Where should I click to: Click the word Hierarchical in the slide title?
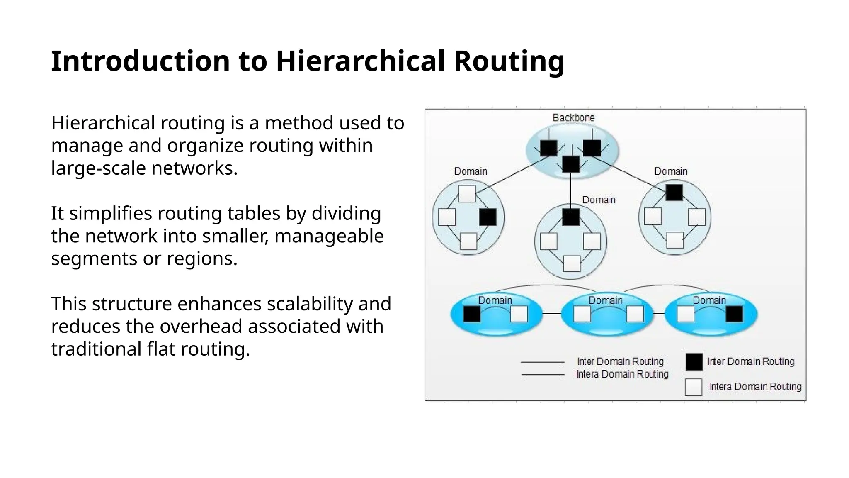pyautogui.click(x=360, y=61)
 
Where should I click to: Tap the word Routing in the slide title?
pyautogui.click(x=509, y=61)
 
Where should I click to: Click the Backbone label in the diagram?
pyautogui.click(x=573, y=118)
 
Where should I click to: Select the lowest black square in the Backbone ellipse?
pyautogui.click(x=571, y=164)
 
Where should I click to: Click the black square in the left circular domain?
pyautogui.click(x=488, y=217)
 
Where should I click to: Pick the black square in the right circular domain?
pyautogui.click(x=674, y=193)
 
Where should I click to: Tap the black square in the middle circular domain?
pyautogui.click(x=571, y=217)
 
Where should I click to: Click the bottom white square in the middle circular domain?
pyautogui.click(x=572, y=263)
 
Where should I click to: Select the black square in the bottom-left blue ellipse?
pyautogui.click(x=471, y=314)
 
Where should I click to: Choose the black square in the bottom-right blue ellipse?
pyautogui.click(x=735, y=314)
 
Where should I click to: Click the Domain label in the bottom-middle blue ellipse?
pyautogui.click(x=606, y=300)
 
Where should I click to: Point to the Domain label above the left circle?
pyautogui.click(x=471, y=171)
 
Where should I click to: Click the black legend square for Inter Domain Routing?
pyautogui.click(x=694, y=362)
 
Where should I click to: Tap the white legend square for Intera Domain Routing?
pyautogui.click(x=694, y=387)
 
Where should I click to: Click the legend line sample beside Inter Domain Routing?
pyautogui.click(x=542, y=362)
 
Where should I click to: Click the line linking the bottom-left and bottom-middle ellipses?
pyautogui.click(x=552, y=313)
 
